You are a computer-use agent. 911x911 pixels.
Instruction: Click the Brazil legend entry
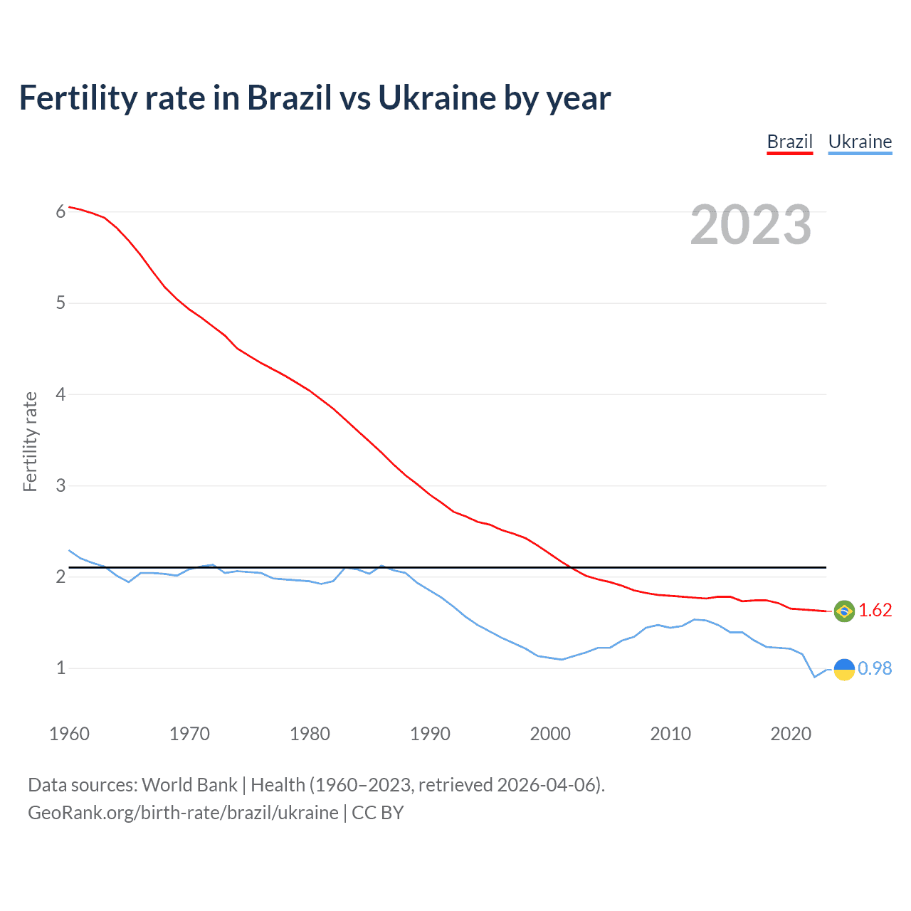point(789,142)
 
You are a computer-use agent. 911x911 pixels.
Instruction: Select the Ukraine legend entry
point(860,142)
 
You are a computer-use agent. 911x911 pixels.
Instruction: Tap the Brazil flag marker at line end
point(843,611)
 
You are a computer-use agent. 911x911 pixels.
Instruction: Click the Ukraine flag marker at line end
point(843,669)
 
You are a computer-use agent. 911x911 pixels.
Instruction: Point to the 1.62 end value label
point(875,611)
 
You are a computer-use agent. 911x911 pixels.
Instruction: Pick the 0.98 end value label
point(875,669)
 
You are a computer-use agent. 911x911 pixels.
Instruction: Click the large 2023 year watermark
point(750,225)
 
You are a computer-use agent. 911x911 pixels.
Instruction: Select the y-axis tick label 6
point(61,212)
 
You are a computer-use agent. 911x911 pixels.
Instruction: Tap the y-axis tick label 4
point(61,394)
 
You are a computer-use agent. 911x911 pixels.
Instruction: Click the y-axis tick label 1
point(61,668)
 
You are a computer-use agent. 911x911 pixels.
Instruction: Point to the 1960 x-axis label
point(69,734)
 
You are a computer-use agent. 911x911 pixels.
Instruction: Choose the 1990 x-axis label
point(430,734)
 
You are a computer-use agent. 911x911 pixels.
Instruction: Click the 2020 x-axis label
point(791,734)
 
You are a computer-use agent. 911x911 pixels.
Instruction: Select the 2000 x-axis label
point(550,734)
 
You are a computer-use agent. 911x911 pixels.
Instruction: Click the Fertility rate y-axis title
point(30,441)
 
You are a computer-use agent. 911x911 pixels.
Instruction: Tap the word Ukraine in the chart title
point(436,98)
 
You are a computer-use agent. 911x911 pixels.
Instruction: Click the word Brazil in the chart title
point(289,98)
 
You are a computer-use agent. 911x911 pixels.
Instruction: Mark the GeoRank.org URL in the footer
point(183,813)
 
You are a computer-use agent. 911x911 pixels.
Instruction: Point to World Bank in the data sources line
point(189,785)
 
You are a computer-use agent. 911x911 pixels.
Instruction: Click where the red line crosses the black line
point(569,567)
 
